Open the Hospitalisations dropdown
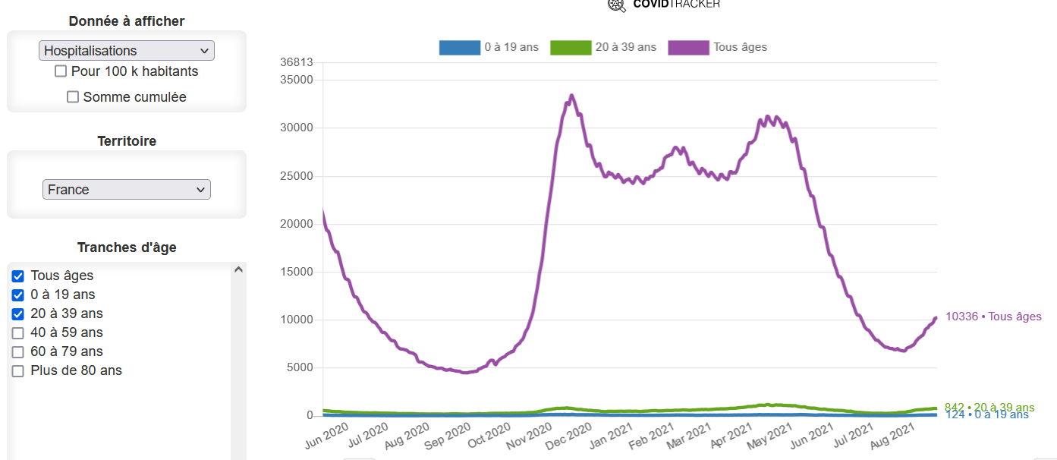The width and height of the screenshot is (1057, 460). (127, 51)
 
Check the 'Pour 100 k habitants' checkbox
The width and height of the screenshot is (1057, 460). (61, 71)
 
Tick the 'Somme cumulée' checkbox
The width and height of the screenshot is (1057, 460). (73, 97)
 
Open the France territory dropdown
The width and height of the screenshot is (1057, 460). (127, 190)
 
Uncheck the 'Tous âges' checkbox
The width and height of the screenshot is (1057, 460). (18, 276)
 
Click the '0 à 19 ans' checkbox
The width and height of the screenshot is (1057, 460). (18, 295)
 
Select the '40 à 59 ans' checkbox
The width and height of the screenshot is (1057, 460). (18, 333)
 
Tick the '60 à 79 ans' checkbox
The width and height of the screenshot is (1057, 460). (18, 352)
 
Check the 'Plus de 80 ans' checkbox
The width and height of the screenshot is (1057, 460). (18, 371)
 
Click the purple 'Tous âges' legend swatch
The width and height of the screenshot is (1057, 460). (688, 48)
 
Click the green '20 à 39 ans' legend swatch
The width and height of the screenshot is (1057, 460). (570, 48)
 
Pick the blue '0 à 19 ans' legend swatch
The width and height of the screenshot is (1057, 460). (459, 48)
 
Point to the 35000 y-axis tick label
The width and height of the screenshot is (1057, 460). (296, 80)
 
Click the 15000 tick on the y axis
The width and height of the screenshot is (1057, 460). (296, 272)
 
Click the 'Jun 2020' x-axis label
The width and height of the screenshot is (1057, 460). (326, 438)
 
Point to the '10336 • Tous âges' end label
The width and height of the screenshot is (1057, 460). (993, 317)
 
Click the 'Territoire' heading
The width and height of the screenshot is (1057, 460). (127, 141)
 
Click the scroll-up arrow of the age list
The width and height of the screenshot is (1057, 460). (238, 269)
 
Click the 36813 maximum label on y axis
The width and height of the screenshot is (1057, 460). (296, 62)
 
